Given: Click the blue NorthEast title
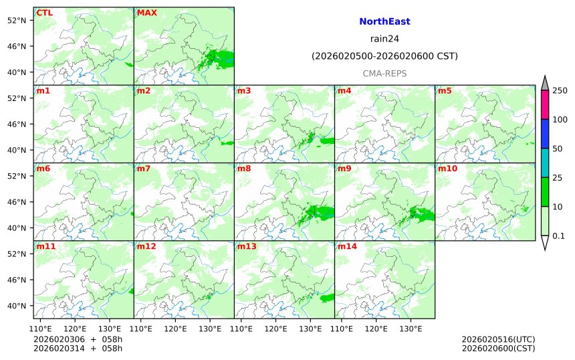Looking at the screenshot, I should tap(384, 21).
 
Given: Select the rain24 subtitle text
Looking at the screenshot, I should tap(384, 39).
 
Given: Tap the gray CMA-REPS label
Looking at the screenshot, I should tap(384, 73).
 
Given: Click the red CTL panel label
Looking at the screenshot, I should tap(45, 13).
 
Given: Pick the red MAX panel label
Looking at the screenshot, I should tap(146, 13).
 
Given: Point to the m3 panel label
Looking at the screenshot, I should tap(243, 90).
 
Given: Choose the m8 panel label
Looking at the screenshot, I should tap(243, 169).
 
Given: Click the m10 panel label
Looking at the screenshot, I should tap(447, 169).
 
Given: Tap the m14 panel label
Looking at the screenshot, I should tap(346, 247).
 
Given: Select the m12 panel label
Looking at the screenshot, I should tap(146, 247).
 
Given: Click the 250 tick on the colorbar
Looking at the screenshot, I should tap(560, 90).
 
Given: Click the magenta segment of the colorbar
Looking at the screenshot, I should tap(545, 105).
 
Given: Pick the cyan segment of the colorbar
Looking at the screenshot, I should tap(545, 163).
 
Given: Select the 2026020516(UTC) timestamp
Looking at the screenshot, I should tap(498, 339).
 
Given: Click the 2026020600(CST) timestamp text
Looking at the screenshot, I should tap(498, 348).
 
